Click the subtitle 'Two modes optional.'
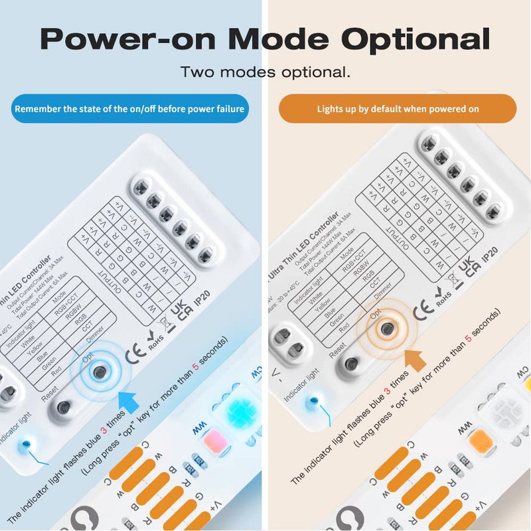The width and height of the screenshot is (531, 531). (265, 72)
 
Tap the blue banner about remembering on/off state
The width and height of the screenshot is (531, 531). (129, 108)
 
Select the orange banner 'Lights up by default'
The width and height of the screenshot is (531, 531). (398, 108)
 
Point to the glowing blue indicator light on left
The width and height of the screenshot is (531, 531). (25, 443)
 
